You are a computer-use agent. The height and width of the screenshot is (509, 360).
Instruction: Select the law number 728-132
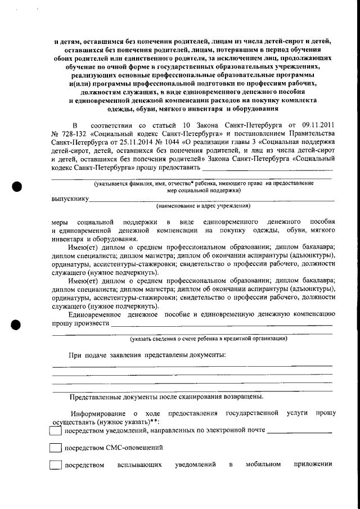[x=73, y=133]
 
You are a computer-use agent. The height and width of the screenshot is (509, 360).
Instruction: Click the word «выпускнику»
[x=70, y=199]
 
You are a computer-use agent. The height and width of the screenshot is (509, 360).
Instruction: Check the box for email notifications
[x=56, y=431]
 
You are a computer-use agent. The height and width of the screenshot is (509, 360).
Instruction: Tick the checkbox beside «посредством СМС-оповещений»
[x=56, y=448]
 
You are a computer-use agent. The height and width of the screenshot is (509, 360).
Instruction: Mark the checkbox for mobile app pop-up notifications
[x=56, y=466]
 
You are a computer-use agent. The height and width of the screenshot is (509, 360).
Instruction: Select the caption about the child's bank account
[x=208, y=339]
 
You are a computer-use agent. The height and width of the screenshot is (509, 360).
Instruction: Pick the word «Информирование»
[x=91, y=413]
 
